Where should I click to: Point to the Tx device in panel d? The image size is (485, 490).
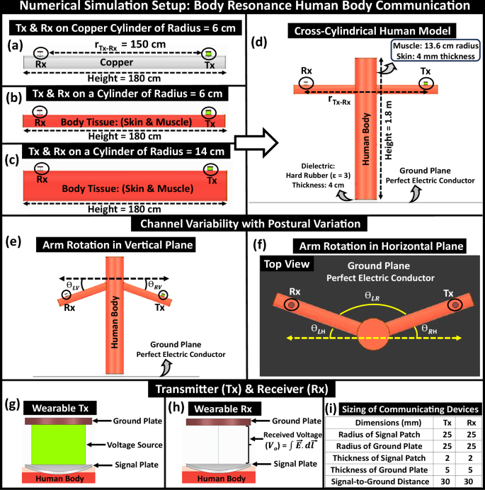click(x=426, y=83)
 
